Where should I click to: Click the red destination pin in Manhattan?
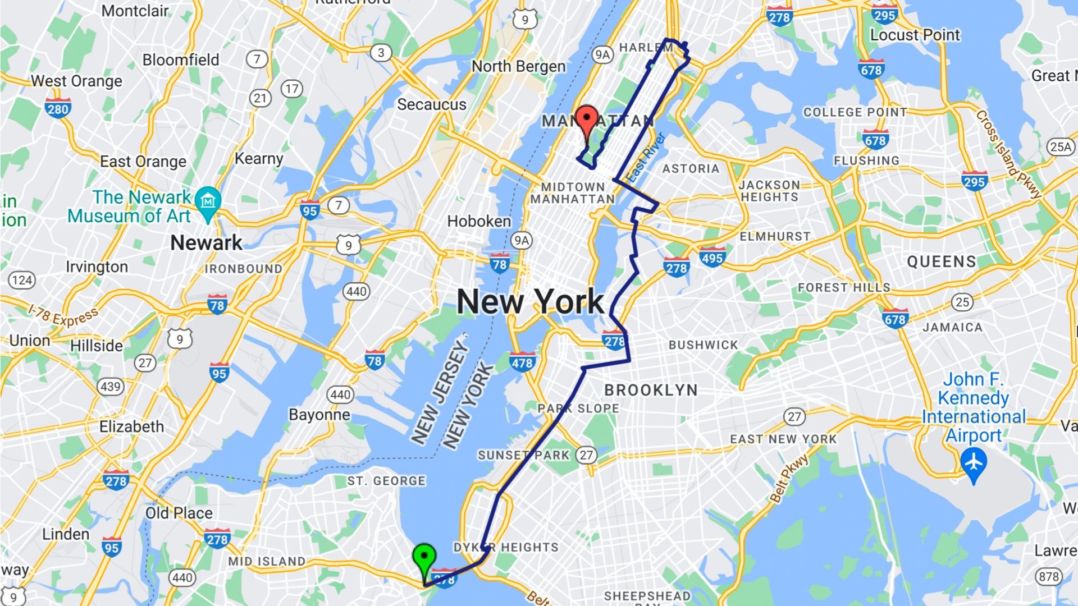coord(587,119)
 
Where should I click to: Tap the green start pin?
coord(424,557)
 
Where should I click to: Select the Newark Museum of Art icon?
coord(208,200)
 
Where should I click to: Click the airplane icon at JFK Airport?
coord(974,462)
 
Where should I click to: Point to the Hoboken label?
coord(479,221)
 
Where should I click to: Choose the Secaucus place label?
coord(432,104)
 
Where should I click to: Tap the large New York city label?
coord(530,302)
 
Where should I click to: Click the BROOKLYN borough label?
coord(651,390)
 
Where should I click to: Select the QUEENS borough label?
coord(942,261)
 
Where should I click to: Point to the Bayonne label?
coord(319,415)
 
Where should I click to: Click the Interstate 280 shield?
coord(58,108)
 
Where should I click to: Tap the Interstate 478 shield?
coord(522,362)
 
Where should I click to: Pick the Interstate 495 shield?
coord(712,258)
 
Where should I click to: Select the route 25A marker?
coord(1061,146)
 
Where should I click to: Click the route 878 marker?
coord(1048,576)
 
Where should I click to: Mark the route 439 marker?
coord(110,386)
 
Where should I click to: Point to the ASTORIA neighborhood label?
coord(691,168)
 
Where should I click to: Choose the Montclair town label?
coord(135,11)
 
